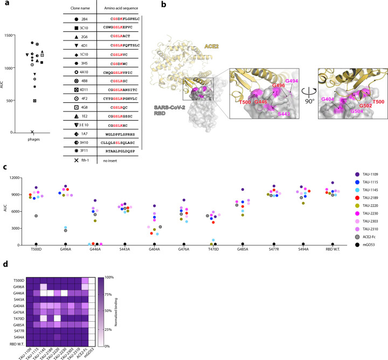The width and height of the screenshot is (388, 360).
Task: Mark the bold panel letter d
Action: point(4,265)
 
